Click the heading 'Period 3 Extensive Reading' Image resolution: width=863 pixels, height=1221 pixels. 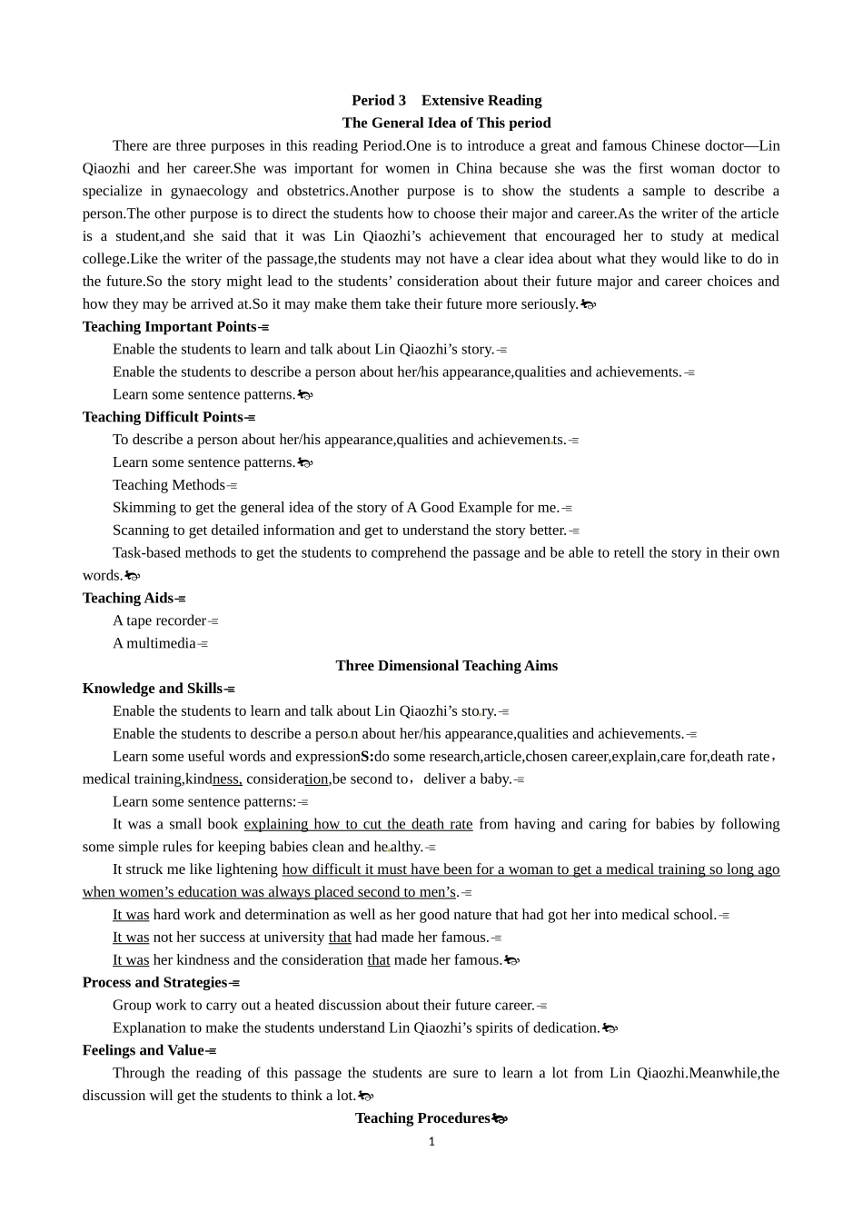coord(446,101)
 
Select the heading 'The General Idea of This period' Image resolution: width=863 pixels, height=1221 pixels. coord(446,124)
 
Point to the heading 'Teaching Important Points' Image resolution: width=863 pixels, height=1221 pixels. coord(170,327)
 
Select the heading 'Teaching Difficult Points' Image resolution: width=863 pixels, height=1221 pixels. coord(164,417)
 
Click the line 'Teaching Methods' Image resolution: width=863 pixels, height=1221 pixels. coord(169,485)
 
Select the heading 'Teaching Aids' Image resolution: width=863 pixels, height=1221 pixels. coord(128,598)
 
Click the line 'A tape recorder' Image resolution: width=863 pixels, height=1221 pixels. coord(160,620)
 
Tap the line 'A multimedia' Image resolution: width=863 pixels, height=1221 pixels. coord(154,643)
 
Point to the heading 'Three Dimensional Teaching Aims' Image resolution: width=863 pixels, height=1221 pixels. coord(446,666)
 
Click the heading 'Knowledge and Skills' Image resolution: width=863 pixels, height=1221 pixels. coord(153,689)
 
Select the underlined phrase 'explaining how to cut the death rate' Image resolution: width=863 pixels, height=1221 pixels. coord(358,824)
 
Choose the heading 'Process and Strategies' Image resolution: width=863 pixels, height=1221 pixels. coord(155,982)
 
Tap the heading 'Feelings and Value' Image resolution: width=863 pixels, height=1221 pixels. coord(144,1050)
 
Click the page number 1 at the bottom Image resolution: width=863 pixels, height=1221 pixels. coord(431,1142)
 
